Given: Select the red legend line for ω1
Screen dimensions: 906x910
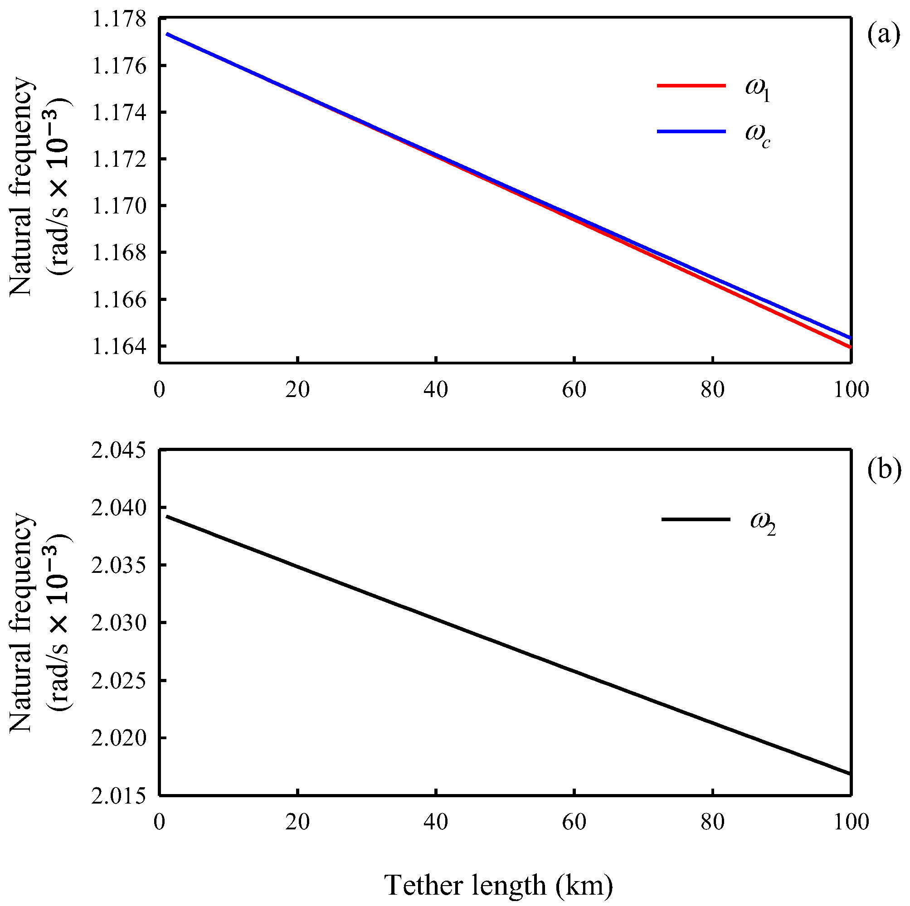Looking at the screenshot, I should coord(691,86).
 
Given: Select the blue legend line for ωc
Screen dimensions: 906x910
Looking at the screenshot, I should coord(691,132).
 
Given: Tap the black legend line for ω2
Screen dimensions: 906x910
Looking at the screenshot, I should coord(696,519).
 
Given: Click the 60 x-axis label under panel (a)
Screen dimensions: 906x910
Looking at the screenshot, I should coord(574,390).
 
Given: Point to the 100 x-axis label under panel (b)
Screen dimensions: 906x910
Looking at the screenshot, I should coord(851,822).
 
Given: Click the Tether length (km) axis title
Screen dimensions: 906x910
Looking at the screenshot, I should coord(499,885).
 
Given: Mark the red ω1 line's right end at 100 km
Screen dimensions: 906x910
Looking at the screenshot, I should coord(849,347).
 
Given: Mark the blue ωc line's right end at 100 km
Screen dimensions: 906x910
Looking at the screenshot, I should coord(849,337).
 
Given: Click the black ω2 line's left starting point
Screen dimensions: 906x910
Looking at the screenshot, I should coord(167,516).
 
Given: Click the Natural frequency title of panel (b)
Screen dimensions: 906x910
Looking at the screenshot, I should coord(21,624).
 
